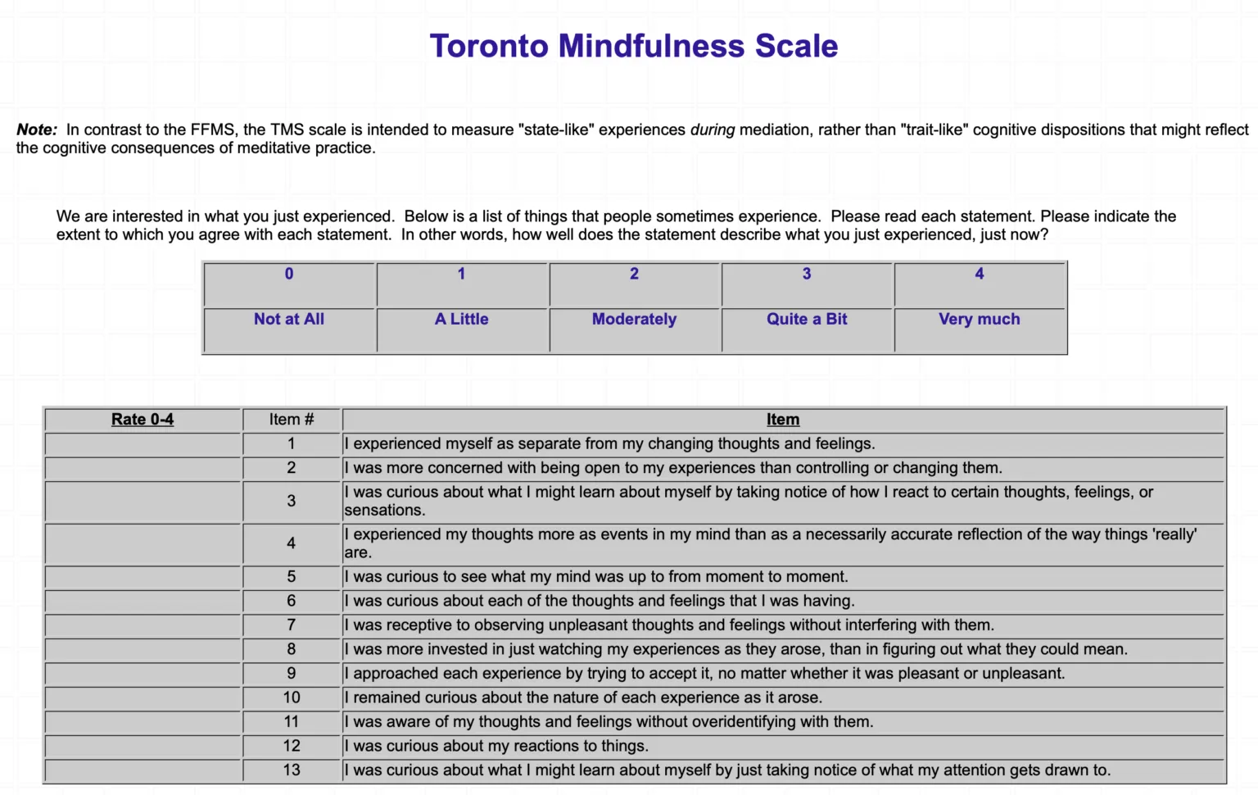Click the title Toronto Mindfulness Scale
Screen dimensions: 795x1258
pos(633,47)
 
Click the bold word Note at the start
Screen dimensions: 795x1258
pos(35,129)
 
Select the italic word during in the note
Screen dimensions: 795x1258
pos(712,129)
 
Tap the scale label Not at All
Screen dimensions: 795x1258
pos(289,319)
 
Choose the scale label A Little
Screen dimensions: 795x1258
pos(461,319)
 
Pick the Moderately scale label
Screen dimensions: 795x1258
pos(634,319)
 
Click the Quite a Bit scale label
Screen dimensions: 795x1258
pos(807,319)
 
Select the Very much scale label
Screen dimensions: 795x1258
pos(979,319)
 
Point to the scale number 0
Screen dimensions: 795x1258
pos(289,274)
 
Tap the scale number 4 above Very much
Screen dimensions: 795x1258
pos(979,274)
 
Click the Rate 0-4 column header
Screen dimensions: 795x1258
pos(143,420)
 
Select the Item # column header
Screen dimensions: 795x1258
pos(292,420)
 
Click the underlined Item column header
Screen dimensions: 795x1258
pos(783,420)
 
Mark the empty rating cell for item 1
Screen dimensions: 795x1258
pos(143,444)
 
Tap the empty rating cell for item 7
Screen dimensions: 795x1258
pos(143,625)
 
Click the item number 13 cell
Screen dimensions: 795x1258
pos(292,770)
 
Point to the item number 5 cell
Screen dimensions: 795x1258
pos(292,577)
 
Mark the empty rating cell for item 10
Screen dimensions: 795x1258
pos(143,697)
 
